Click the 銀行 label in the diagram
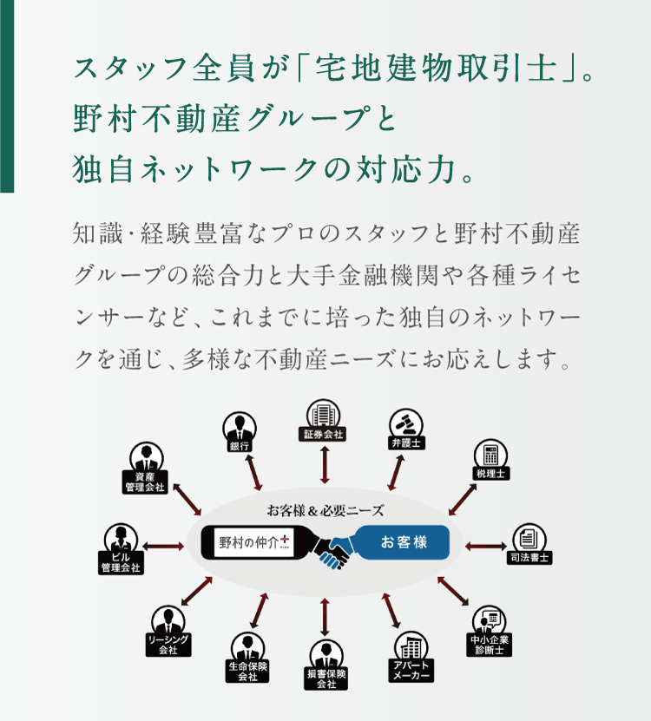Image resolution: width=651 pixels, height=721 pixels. click(x=240, y=446)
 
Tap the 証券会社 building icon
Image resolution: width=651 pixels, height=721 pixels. click(x=324, y=413)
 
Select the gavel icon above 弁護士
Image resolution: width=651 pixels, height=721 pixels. click(x=405, y=423)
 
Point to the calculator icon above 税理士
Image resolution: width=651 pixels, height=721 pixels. click(x=490, y=454)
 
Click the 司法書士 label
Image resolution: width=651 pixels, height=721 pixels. click(x=529, y=558)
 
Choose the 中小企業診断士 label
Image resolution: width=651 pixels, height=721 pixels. click(x=489, y=645)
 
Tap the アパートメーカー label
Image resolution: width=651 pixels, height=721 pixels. click(x=411, y=671)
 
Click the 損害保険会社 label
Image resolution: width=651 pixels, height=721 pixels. click(x=326, y=678)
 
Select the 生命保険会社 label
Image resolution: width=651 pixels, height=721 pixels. click(x=247, y=672)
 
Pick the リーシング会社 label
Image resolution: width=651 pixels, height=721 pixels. click(x=168, y=645)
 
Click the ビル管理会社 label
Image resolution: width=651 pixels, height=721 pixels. click(x=121, y=563)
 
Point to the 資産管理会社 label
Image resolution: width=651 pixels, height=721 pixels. click(x=145, y=482)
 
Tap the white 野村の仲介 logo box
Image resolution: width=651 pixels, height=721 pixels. click(x=253, y=542)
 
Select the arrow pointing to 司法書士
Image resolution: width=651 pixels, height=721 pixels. click(x=486, y=547)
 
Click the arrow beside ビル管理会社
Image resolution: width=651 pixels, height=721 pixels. click(x=163, y=547)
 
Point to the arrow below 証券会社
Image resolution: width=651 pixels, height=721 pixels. click(x=325, y=464)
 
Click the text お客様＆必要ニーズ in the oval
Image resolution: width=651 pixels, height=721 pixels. click(x=325, y=510)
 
